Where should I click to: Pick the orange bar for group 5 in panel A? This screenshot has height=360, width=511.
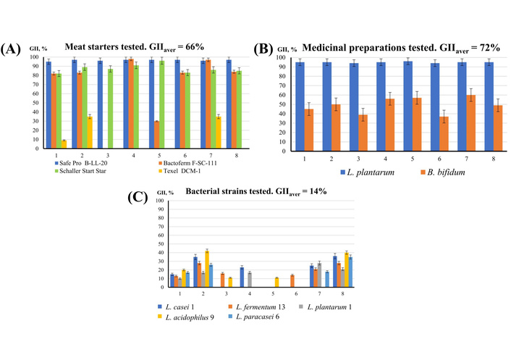(157, 135)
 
